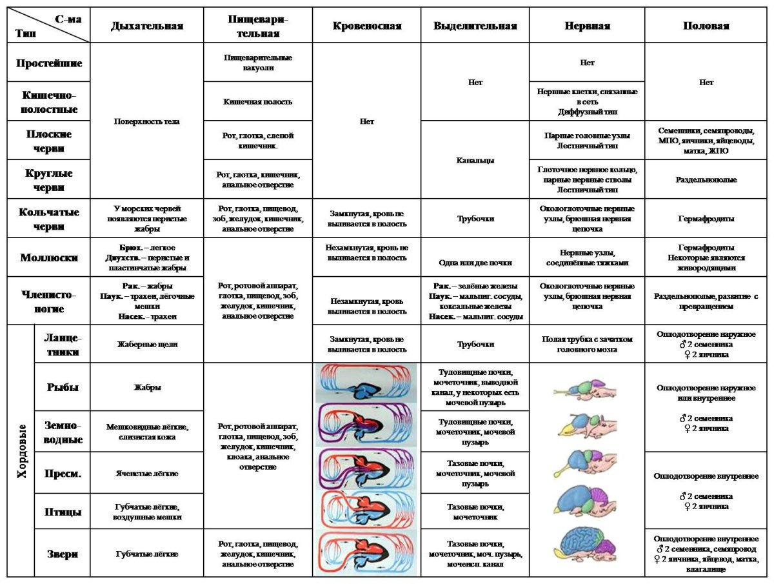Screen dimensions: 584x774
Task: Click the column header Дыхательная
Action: click(x=147, y=26)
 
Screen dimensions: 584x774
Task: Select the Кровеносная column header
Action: click(x=367, y=26)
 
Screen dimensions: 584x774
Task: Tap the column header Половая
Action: click(x=706, y=26)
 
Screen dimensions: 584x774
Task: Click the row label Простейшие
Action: click(x=49, y=63)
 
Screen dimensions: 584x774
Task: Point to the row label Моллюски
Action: click(x=49, y=257)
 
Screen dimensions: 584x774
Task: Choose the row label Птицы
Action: click(x=63, y=512)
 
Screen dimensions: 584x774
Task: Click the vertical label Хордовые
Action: click(x=21, y=450)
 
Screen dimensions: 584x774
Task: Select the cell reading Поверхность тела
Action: click(x=147, y=121)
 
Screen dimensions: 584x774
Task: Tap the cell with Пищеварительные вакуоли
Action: click(x=258, y=63)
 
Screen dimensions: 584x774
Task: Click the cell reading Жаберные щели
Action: click(x=147, y=344)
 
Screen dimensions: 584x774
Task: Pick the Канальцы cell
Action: click(x=475, y=159)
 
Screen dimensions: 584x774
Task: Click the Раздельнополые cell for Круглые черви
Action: click(x=706, y=179)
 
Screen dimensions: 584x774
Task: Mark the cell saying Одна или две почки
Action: click(x=475, y=262)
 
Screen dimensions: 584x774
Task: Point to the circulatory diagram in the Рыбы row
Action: click(x=367, y=386)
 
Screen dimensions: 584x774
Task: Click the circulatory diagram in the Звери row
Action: click(x=367, y=554)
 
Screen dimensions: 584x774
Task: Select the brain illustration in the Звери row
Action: click(x=587, y=547)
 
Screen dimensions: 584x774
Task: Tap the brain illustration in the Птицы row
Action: click(x=587, y=500)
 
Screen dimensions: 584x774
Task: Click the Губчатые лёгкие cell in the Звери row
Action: click(x=147, y=554)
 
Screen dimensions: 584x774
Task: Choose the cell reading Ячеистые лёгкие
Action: click(x=147, y=473)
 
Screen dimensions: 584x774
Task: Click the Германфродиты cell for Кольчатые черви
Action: click(x=706, y=219)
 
